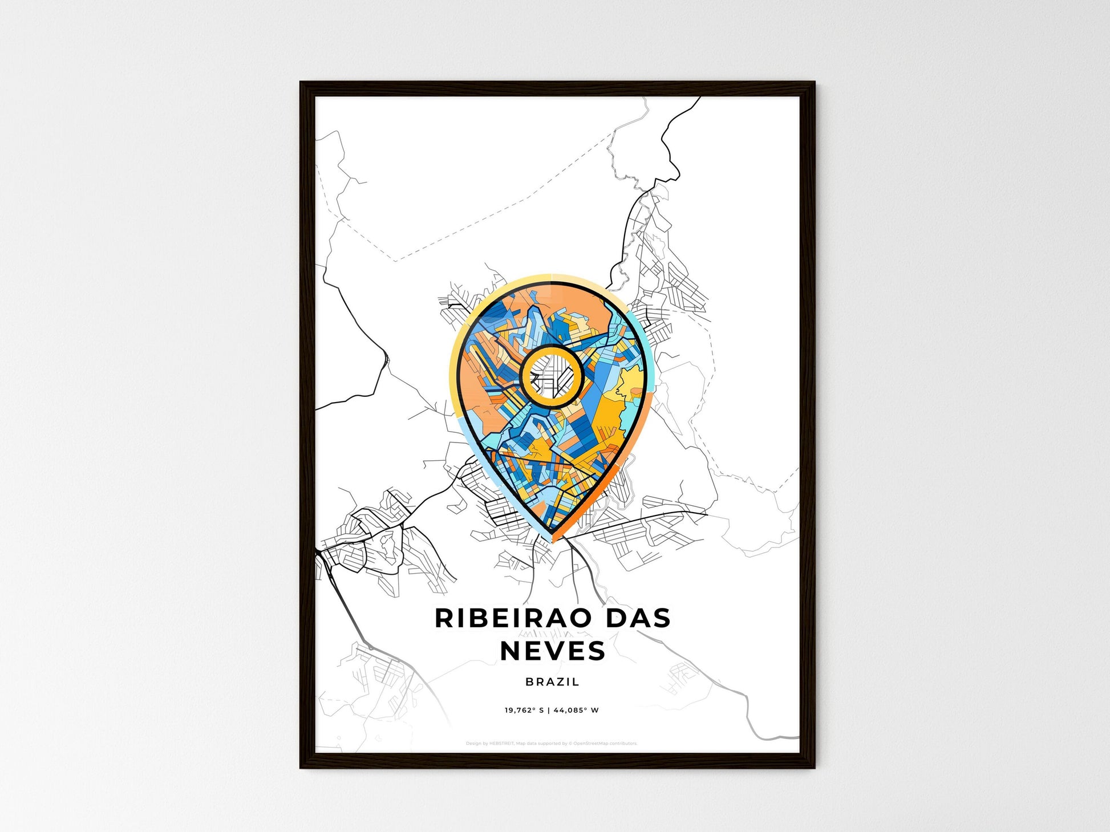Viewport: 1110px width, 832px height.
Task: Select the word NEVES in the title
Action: [x=553, y=651]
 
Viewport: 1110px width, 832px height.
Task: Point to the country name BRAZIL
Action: [x=553, y=681]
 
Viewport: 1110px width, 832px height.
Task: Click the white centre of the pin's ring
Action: [x=551, y=376]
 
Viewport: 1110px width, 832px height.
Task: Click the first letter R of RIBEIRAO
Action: [x=444, y=619]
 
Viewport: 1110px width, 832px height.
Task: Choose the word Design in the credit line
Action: [x=473, y=744]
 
